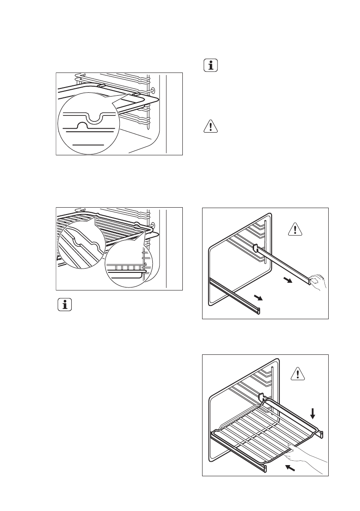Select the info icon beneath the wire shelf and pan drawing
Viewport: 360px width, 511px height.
click(x=65, y=305)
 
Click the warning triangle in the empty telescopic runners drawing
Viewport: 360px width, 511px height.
click(x=295, y=230)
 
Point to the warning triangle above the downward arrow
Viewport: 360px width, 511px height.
click(x=296, y=374)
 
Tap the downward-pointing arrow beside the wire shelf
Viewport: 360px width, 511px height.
click(x=313, y=413)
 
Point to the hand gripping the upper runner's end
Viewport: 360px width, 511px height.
click(x=318, y=282)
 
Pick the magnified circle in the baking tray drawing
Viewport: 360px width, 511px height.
click(x=88, y=126)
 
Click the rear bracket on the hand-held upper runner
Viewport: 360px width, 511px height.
click(x=256, y=250)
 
